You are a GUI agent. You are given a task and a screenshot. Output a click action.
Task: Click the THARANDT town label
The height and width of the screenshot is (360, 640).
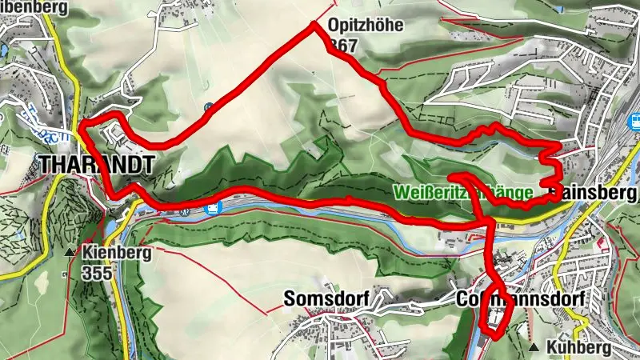tap(94, 165)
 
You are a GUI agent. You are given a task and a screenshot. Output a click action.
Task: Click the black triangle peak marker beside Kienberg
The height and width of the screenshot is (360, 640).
tap(70, 254)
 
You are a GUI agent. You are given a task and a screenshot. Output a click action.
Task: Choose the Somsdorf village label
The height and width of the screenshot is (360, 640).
tap(326, 299)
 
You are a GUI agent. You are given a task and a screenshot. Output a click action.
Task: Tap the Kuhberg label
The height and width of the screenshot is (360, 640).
tap(579, 348)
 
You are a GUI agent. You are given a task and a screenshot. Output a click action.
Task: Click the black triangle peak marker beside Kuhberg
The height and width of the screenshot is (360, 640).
tap(534, 347)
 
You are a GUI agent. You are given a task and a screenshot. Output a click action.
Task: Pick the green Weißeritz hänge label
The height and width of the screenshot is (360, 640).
tap(465, 193)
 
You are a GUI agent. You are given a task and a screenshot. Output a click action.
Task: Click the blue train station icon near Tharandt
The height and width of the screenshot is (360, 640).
tap(213, 209)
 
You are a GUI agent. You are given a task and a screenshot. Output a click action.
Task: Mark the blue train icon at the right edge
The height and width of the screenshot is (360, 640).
tap(636, 121)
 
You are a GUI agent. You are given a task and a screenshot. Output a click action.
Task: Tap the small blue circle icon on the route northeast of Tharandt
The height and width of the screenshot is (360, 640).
tap(209, 107)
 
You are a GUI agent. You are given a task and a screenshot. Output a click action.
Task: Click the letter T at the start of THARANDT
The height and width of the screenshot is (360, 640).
tap(46, 165)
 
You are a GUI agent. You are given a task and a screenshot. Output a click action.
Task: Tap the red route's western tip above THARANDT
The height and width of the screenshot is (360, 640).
tap(81, 126)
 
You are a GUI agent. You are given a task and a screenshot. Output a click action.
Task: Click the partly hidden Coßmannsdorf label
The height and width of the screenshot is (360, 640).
tap(520, 298)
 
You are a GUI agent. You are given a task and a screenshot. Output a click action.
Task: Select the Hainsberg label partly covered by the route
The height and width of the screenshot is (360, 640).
tap(594, 193)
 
